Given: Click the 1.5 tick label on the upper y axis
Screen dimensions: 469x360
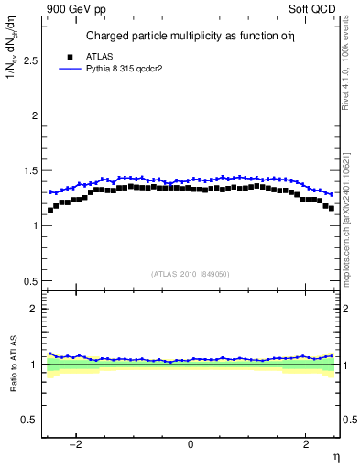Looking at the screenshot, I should click(x=27, y=170).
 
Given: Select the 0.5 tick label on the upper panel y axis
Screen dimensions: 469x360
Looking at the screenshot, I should click(x=27, y=280).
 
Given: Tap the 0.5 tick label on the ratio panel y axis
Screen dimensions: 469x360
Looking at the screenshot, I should click(x=27, y=420).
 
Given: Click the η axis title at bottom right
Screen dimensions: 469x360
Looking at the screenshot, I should click(x=335, y=455).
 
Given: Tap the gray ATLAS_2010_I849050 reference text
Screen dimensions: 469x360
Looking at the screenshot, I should click(x=191, y=274).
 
